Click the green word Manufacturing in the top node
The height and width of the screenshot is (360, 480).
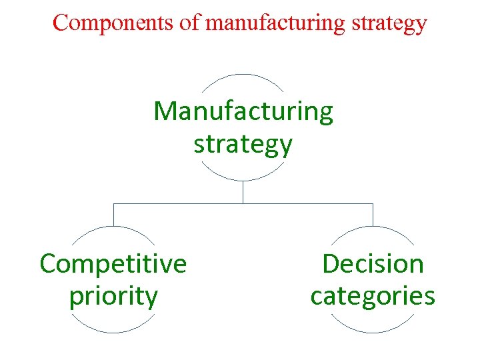[x=243, y=111]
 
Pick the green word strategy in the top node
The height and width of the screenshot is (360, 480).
[x=243, y=144]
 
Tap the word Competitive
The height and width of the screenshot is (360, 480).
[x=113, y=264]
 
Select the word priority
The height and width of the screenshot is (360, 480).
[x=113, y=296]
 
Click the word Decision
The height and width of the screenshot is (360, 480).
[x=373, y=264]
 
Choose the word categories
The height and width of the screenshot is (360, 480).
[x=373, y=296]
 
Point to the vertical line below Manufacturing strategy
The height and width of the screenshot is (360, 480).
[x=243, y=192]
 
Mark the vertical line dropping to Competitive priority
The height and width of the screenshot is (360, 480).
[x=113, y=215]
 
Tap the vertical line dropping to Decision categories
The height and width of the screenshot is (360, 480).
[x=373, y=215]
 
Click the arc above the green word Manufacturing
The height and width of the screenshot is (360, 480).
[x=243, y=75]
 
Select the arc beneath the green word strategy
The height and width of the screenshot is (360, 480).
[x=243, y=180]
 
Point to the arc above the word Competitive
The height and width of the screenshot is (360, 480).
[x=113, y=227]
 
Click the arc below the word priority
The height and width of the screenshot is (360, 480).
[x=113, y=332]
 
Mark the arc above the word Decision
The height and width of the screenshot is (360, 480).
[x=373, y=227]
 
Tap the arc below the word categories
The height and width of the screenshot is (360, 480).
[x=373, y=332]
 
